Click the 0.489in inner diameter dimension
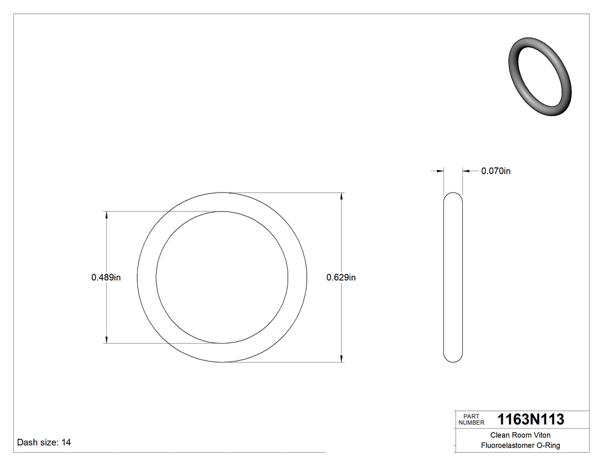tap(106, 278)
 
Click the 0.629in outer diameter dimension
tap(341, 278)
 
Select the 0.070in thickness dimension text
tap(496, 171)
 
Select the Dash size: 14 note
tap(44, 442)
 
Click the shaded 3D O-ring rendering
tap(540, 77)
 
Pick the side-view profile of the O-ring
tap(453, 277)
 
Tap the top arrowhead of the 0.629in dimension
tap(343, 196)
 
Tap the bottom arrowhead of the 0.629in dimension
tap(343, 359)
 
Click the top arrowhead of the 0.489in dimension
tap(107, 215)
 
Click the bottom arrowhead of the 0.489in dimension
tap(107, 340)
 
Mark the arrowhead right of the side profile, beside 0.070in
tap(466, 171)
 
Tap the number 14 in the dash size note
tap(66, 442)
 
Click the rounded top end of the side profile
tap(453, 195)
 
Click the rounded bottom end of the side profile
tap(453, 360)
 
